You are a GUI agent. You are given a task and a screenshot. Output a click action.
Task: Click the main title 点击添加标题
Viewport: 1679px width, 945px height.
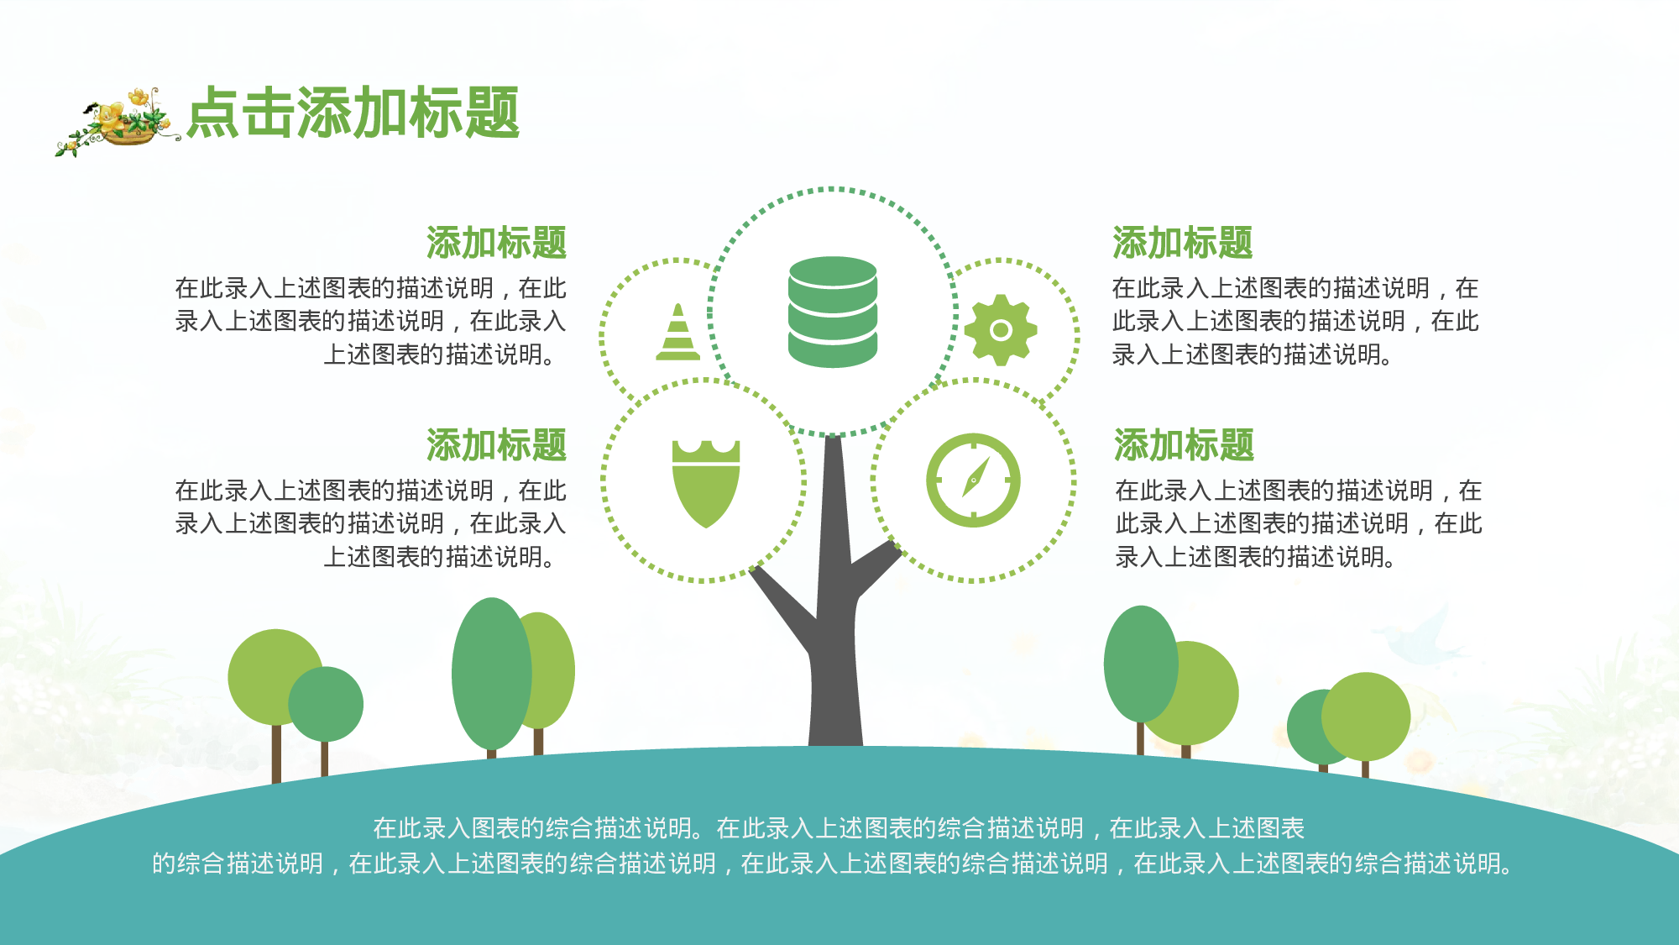353,113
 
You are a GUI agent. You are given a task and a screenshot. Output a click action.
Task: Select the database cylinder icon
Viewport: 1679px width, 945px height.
832,312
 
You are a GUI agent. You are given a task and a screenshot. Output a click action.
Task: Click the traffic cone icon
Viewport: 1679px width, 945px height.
677,334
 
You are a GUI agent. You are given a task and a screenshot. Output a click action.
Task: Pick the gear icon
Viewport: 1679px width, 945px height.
1000,329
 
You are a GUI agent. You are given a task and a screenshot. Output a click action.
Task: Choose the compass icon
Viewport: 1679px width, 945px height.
973,480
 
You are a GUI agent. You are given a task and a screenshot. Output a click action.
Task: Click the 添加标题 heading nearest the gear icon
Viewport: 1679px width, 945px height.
1182,243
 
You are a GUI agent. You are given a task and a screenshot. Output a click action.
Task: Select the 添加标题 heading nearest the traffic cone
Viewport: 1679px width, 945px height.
496,243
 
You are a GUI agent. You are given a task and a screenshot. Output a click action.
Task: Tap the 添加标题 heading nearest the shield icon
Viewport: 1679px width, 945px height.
496,444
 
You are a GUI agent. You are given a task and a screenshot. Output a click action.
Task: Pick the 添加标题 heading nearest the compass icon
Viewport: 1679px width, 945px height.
1184,444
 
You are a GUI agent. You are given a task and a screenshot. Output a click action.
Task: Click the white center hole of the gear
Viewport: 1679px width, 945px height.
1000,330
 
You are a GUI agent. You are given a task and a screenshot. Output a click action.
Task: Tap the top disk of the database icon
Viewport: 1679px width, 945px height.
832,271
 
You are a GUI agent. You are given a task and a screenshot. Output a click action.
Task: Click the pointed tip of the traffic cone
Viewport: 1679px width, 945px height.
678,307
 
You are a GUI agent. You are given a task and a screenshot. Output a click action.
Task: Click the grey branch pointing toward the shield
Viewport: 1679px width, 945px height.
781,605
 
